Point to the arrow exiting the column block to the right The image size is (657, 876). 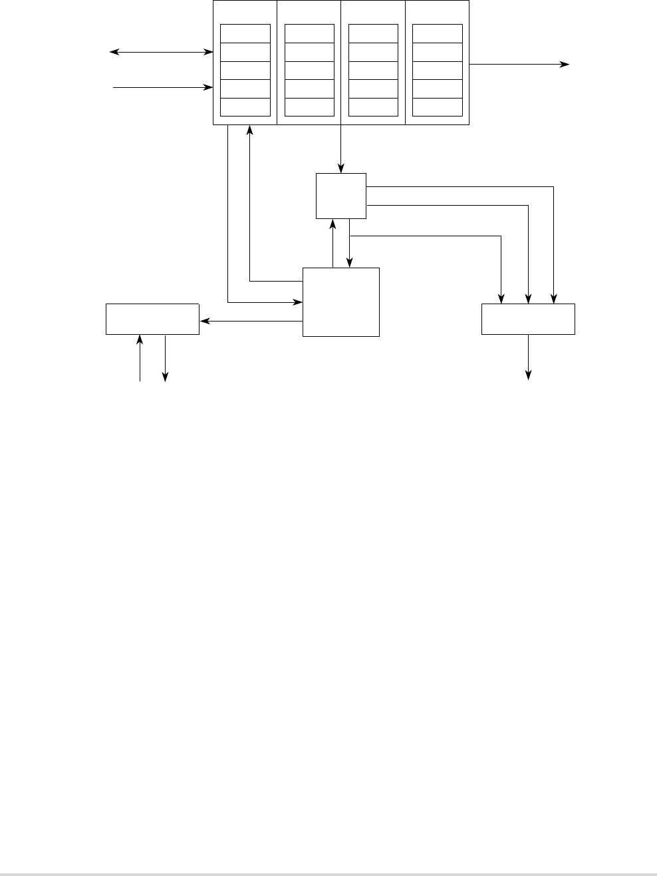[519, 65]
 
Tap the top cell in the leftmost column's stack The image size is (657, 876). [245, 34]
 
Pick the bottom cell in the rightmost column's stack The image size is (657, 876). [437, 107]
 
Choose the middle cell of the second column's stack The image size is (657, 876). [309, 71]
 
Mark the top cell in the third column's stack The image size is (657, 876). [373, 34]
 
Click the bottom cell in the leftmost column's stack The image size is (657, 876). [245, 107]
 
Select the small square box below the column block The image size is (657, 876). [340, 196]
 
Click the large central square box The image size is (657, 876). [340, 302]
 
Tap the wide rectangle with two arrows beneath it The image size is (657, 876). [152, 319]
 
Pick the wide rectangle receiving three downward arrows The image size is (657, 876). [528, 319]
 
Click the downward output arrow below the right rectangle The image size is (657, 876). [529, 357]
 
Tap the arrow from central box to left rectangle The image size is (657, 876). [251, 322]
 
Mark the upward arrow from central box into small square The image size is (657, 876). [332, 244]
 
